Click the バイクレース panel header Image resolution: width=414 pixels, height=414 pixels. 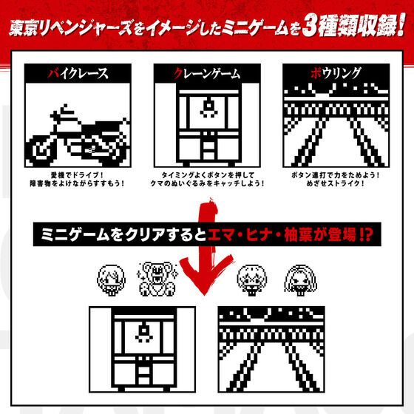tap(78, 73)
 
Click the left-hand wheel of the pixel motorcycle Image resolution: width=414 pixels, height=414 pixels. tap(47, 149)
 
